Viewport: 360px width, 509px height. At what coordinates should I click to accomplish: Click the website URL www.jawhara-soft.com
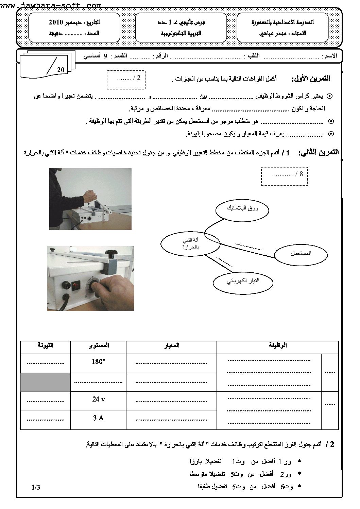[x=51, y=5]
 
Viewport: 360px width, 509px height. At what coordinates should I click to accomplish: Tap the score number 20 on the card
[x=61, y=70]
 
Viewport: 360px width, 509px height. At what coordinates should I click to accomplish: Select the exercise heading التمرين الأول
[x=311, y=79]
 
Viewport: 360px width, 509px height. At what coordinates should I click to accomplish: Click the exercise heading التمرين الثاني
[x=318, y=153]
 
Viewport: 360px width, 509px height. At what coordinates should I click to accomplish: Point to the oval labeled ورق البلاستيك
[x=242, y=208]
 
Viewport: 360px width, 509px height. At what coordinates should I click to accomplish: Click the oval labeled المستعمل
[x=301, y=253]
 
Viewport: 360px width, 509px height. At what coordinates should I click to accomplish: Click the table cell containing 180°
[x=98, y=362]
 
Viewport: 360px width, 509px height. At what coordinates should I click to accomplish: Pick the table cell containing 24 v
[x=98, y=400]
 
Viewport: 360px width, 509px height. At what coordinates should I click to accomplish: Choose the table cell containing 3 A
[x=98, y=418]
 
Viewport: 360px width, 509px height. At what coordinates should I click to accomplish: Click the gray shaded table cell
[x=45, y=382]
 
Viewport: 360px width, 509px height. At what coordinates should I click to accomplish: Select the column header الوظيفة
[x=277, y=345]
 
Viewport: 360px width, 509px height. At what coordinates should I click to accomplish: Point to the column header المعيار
[x=171, y=345]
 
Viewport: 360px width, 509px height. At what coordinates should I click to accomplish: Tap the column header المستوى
[x=98, y=345]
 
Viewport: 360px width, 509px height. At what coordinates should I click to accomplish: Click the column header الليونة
[x=45, y=345]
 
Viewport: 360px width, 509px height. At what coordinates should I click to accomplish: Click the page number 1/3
[x=36, y=487]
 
